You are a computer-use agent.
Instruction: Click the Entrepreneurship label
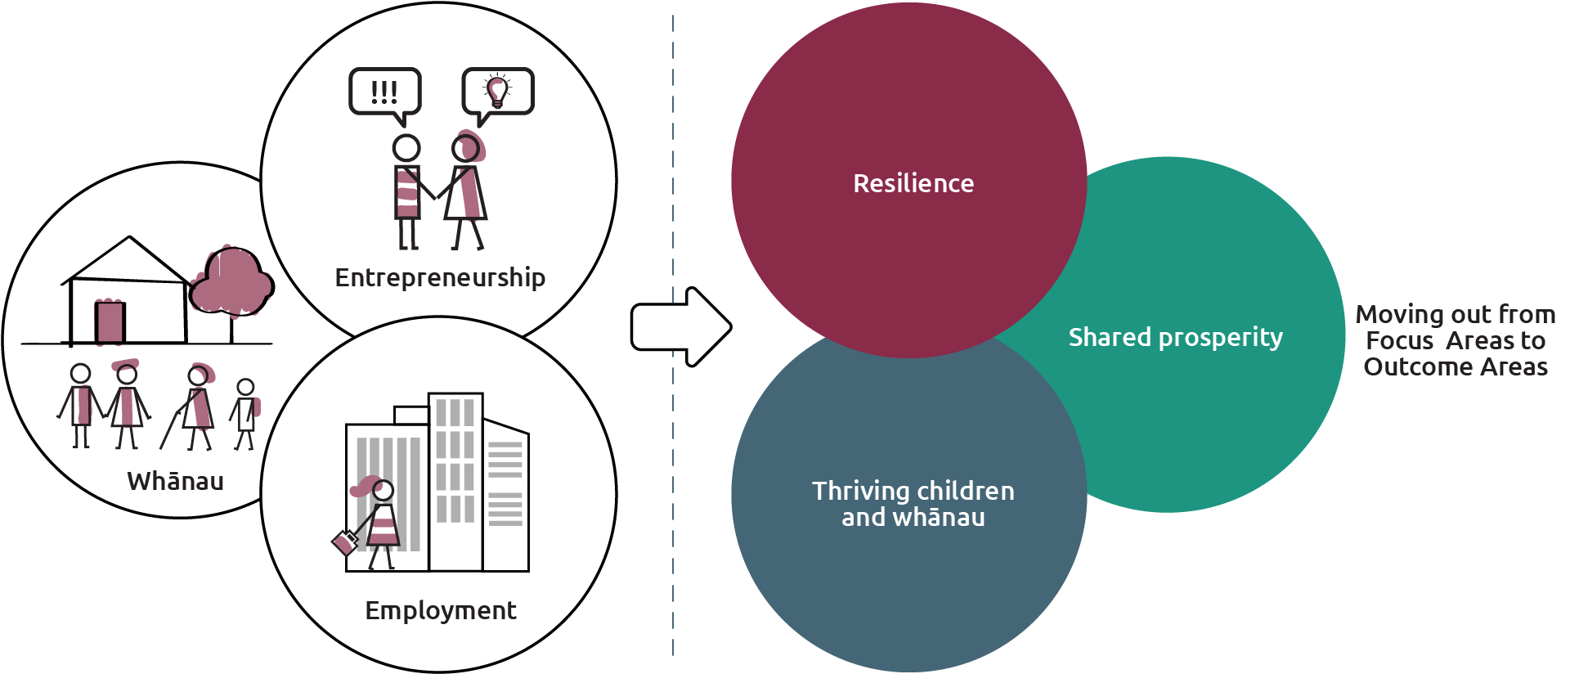coord(440,278)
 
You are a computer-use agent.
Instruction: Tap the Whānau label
coord(175,481)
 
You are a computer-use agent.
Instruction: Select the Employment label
coord(440,610)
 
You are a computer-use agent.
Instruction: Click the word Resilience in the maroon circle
coord(913,183)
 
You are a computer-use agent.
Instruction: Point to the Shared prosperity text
coord(1175,337)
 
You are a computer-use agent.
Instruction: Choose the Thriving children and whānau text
coord(913,504)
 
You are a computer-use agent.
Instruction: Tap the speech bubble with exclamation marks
coord(384,92)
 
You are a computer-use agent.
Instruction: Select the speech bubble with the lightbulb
coord(497,92)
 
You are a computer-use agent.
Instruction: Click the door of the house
coord(110,321)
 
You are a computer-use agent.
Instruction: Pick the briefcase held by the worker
coord(344,542)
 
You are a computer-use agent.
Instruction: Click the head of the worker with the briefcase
coord(383,491)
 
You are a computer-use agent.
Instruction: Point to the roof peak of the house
coord(129,238)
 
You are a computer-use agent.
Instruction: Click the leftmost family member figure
coord(80,405)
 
